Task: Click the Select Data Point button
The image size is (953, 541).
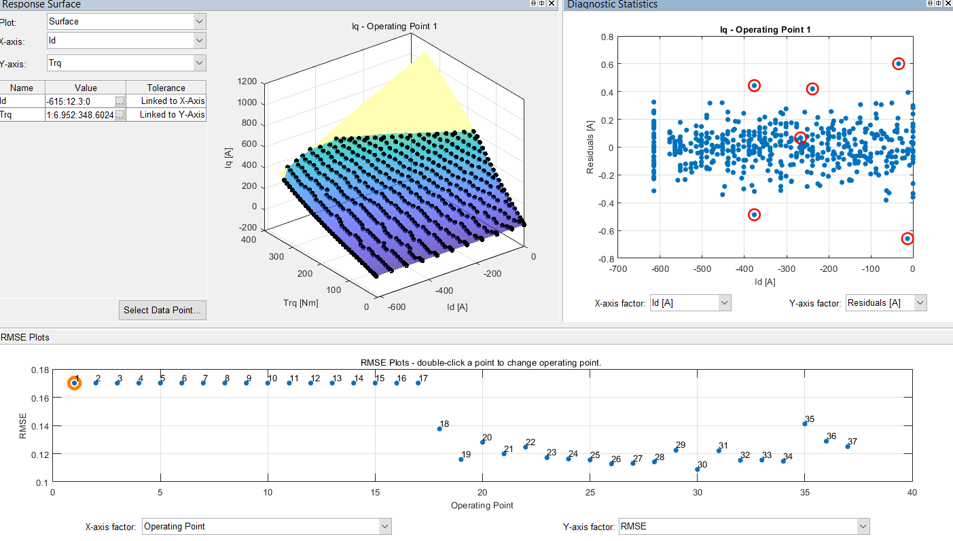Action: coord(162,310)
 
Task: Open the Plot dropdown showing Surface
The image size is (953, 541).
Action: coord(126,21)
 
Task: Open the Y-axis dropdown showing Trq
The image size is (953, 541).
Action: coord(126,63)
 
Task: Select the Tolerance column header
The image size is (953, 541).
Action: coord(166,88)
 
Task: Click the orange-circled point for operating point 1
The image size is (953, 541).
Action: coord(75,383)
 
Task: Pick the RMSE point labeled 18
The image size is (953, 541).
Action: coord(439,429)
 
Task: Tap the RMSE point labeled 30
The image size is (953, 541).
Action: coord(697,470)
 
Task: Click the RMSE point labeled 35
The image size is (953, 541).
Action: coord(805,424)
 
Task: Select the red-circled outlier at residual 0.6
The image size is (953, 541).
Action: coord(898,64)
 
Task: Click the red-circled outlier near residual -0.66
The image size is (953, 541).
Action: coord(907,239)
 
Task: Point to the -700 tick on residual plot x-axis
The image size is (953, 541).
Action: coord(617,269)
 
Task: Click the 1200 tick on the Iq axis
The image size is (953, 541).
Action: coord(247,82)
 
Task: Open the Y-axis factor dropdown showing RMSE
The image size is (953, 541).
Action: coord(743,526)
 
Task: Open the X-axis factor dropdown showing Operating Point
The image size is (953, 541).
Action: coord(266,526)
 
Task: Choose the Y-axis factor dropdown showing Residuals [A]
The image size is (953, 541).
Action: coord(886,303)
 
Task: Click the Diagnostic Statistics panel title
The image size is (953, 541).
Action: coord(612,5)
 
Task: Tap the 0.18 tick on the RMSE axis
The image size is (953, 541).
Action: coord(40,370)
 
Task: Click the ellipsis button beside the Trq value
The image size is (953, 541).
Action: coord(120,115)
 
